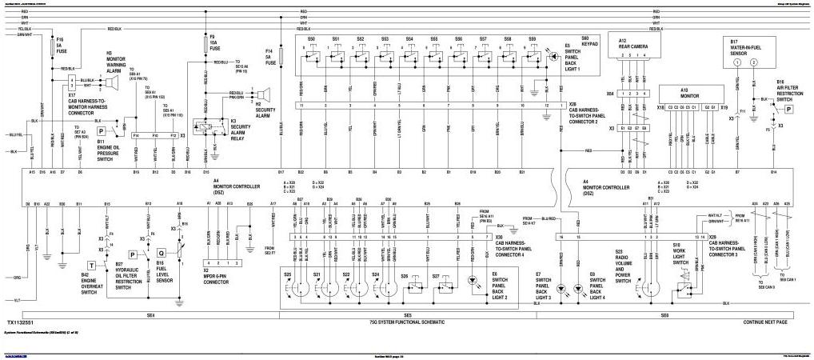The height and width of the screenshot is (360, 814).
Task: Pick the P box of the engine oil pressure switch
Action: (102, 130)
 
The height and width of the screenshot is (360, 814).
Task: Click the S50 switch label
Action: (312, 38)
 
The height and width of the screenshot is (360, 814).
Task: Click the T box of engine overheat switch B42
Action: (92, 264)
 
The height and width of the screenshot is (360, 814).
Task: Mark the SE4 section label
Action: (150, 314)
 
